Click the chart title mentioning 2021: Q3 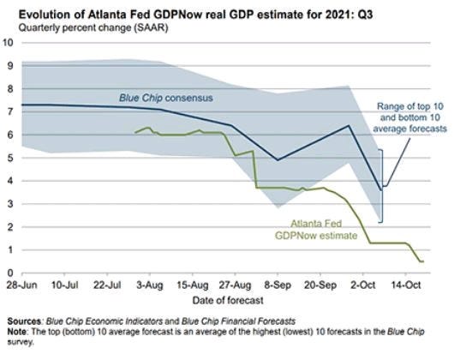tap(195, 15)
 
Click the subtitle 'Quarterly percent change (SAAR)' tap(93, 28)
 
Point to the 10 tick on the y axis tap(9, 43)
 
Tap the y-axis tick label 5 tap(10, 158)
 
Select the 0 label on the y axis tap(10, 273)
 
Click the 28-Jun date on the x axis tap(22, 285)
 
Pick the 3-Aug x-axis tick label tap(150, 285)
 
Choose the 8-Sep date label tap(278, 285)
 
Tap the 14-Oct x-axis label tap(406, 285)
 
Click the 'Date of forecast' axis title tap(228, 300)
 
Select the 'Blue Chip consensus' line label tap(165, 98)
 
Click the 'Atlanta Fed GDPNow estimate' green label tap(316, 230)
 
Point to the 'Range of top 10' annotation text tap(410, 106)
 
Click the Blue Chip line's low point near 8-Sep tap(278, 160)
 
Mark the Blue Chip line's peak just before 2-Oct tap(349, 125)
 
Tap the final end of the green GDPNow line tap(423, 261)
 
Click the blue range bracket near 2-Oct tap(382, 186)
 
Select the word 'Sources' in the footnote tap(24, 321)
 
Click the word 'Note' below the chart tap(17, 332)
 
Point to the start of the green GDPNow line tap(135, 133)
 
